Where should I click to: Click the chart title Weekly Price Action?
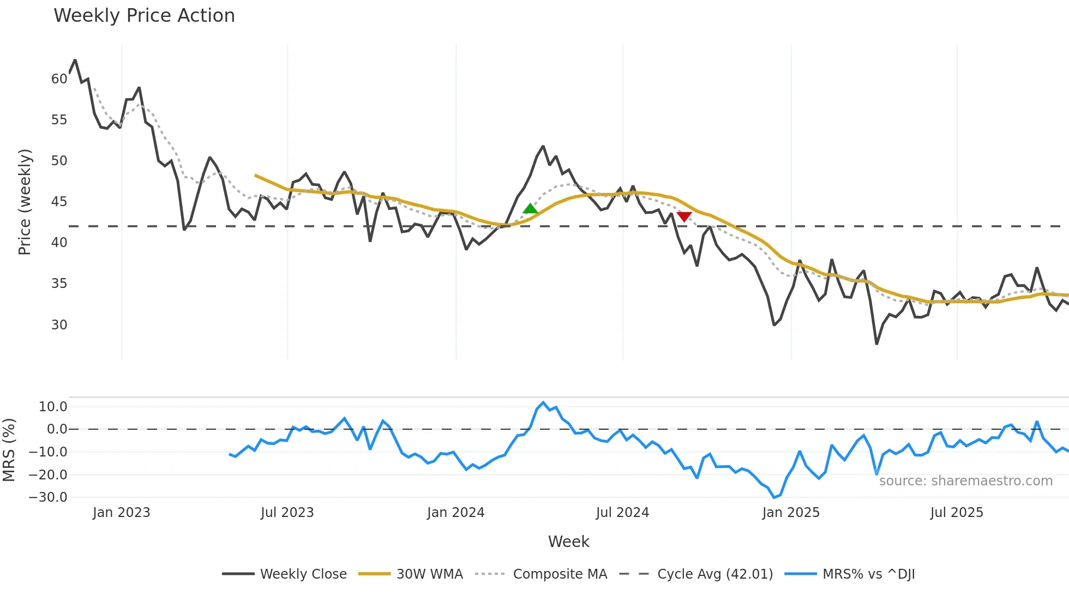(x=144, y=16)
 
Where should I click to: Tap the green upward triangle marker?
(x=530, y=209)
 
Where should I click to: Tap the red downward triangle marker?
(x=684, y=217)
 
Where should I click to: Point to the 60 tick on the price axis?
(x=59, y=79)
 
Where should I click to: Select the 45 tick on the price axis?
(x=59, y=202)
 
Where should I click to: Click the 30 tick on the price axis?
(x=59, y=325)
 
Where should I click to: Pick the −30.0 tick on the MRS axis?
(x=48, y=497)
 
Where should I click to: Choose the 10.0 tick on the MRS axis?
(x=53, y=407)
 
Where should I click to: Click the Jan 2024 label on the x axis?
(x=455, y=513)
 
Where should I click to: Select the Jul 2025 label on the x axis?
(x=957, y=513)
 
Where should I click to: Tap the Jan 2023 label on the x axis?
(x=121, y=513)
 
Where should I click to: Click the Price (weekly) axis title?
(x=25, y=202)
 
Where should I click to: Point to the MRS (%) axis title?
(x=9, y=450)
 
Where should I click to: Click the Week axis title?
(x=568, y=542)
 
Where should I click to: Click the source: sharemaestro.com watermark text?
(x=965, y=481)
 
